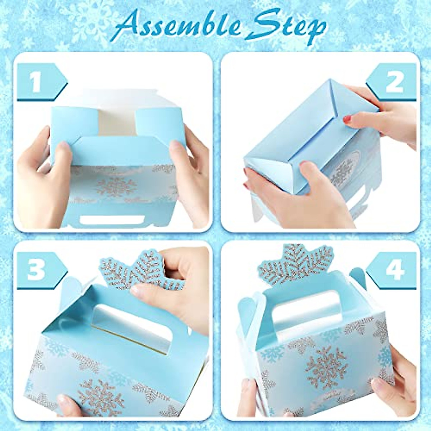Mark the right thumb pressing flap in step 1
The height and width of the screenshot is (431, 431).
(x=176, y=145)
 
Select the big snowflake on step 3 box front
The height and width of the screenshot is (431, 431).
(x=102, y=397)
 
